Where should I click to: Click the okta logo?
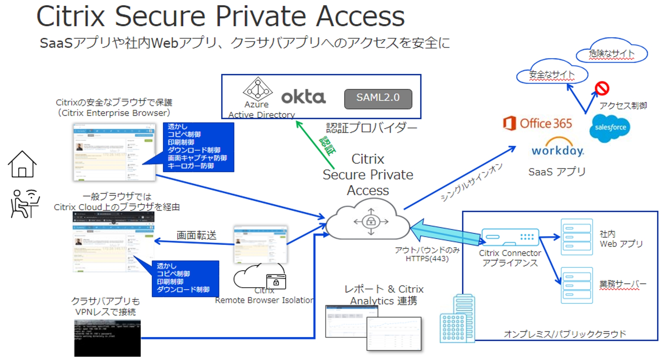303,97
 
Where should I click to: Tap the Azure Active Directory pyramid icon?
257,89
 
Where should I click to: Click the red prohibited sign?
602,88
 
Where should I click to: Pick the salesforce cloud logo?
610,128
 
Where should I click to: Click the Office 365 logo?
538,124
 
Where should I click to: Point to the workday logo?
557,148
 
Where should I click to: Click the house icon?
22,164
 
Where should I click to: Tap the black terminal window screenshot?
107,338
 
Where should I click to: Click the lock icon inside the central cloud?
371,221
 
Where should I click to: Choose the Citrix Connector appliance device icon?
510,237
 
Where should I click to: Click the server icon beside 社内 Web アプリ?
576,237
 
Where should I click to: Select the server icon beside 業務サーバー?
576,285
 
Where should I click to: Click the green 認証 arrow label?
327,146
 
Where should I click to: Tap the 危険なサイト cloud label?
611,53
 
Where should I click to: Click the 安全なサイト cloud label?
552,74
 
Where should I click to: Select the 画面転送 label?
196,235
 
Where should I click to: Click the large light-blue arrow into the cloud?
446,233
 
